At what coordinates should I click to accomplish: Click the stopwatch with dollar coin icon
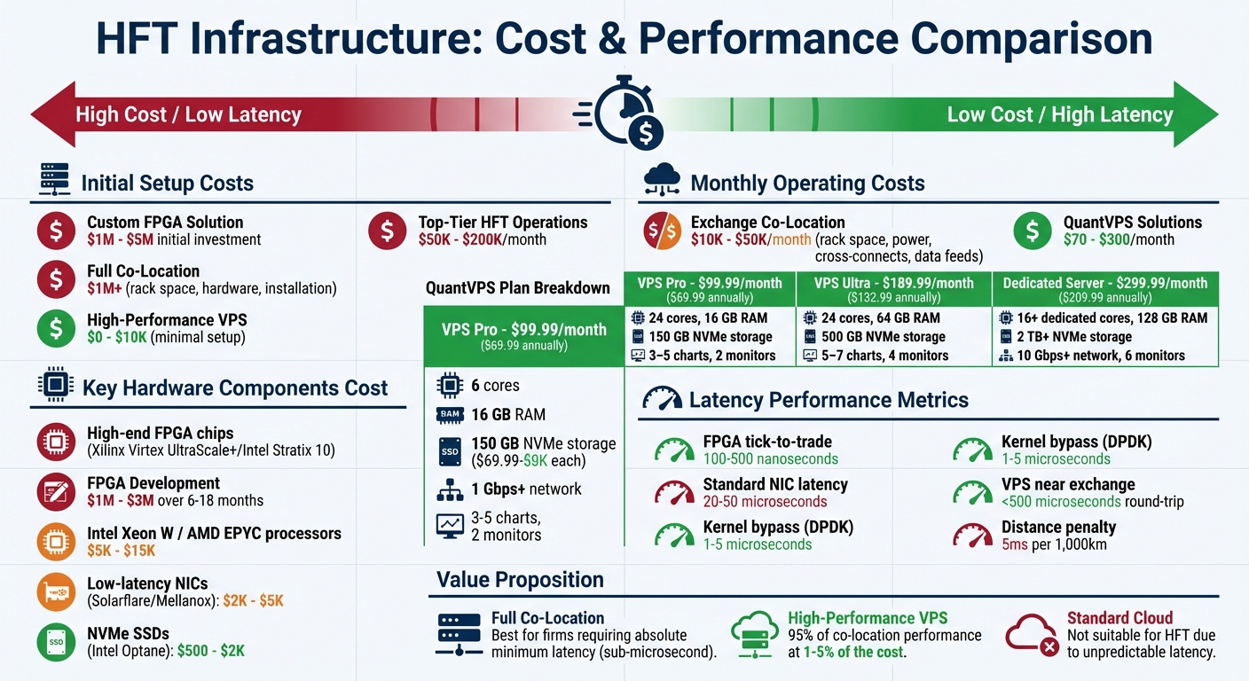click(624, 112)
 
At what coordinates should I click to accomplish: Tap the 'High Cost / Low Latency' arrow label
click(188, 114)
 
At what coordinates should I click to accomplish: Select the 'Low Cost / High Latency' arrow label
click(1059, 114)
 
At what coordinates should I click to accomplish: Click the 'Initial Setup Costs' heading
click(167, 184)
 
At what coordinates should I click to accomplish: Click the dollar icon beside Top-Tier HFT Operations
click(387, 231)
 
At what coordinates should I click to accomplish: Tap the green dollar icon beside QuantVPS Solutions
click(1033, 231)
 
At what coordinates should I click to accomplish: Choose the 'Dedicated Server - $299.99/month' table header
click(1104, 284)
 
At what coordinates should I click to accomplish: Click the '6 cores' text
click(495, 386)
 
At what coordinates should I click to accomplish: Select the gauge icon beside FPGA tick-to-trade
click(674, 450)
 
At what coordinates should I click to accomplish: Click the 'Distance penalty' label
click(1058, 527)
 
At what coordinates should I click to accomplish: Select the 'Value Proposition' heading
click(520, 580)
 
